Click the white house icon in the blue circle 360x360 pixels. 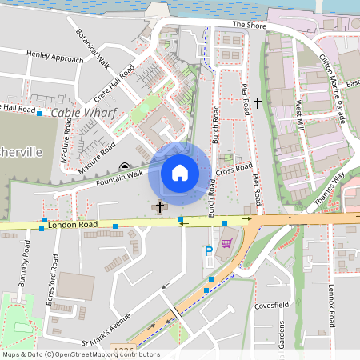180,172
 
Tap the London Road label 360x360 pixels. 72,225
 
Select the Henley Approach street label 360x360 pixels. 54,58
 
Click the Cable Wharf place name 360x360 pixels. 78,113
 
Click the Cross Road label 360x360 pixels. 234,170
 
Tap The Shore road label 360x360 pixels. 248,25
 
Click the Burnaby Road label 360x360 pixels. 26,263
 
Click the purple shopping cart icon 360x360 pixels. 227,242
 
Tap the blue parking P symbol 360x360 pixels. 210,251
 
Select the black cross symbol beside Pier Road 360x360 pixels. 257,102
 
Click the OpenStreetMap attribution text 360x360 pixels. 81,354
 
